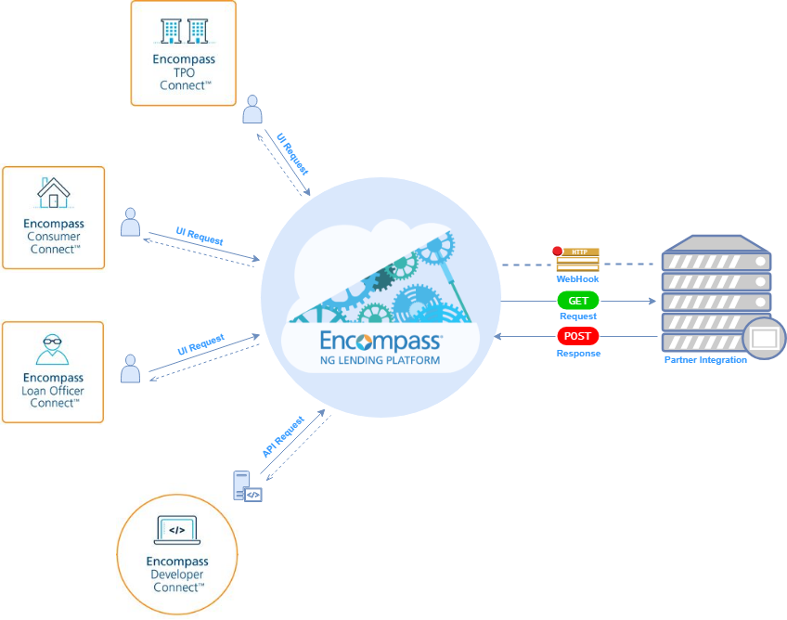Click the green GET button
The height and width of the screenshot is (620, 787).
(577, 301)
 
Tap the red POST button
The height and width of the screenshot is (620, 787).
(578, 336)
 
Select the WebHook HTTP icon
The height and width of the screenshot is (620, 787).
(577, 259)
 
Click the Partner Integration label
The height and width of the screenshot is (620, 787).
(705, 360)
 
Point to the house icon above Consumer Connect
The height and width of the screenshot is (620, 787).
(54, 193)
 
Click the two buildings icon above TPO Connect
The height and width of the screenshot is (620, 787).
(184, 32)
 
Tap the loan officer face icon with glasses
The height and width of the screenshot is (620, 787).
(53, 348)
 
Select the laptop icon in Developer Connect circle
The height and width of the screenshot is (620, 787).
(176, 531)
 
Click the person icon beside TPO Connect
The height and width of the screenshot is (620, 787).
(252, 110)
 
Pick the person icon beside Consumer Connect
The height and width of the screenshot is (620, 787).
(131, 222)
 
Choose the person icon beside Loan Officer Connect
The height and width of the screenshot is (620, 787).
(131, 368)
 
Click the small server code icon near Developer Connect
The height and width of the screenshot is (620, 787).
(247, 486)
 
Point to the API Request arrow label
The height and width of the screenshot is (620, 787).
(283, 437)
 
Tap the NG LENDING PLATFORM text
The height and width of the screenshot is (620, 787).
(381, 359)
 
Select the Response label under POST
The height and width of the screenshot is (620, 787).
(578, 354)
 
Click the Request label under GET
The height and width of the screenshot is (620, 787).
(577, 316)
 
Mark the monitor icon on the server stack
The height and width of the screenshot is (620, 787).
(764, 339)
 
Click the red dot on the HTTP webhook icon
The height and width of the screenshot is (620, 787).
(558, 250)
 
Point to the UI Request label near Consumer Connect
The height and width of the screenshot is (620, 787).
(200, 236)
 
